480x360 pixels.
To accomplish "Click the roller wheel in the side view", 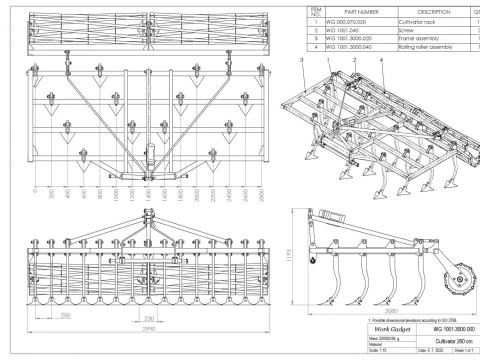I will click(456, 274).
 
